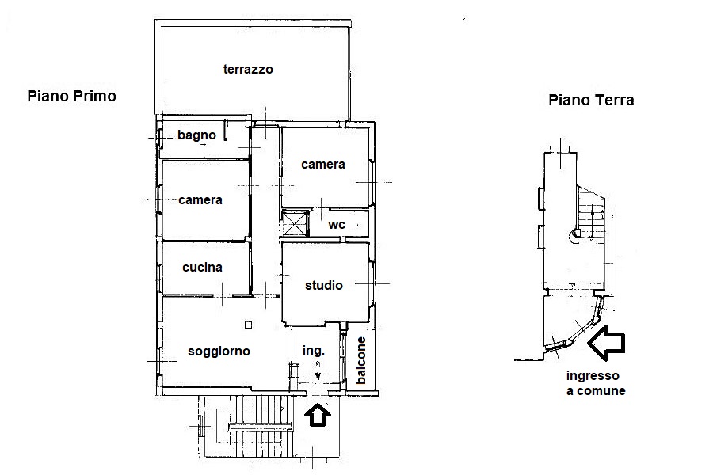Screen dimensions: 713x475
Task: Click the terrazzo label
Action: pos(248,70)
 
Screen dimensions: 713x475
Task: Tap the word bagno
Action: pos(196,135)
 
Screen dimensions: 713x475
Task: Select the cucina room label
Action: pos(202,268)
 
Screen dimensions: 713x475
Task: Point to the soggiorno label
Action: pos(219,351)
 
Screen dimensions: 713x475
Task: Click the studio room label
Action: pos(324,286)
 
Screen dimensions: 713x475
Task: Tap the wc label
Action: pos(337,225)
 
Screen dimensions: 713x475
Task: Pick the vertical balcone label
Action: pos(360,360)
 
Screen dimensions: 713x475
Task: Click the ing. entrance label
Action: pos(314,351)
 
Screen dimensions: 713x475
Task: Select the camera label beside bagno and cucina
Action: pos(200,200)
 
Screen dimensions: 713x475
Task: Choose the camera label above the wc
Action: pos(323,165)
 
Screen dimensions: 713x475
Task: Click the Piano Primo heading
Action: pos(72,97)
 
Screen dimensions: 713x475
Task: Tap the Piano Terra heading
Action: pos(591,100)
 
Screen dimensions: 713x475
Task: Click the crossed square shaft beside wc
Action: pos(295,222)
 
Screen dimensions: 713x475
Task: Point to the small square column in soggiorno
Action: pos(248,325)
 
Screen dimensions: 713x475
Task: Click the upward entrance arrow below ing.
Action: pos(318,415)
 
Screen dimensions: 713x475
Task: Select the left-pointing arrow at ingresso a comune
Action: pos(606,343)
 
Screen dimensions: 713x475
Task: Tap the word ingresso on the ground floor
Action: pos(593,376)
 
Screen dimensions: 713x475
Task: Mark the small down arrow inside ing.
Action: pos(318,370)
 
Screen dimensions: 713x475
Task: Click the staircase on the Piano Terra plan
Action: pos(592,218)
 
